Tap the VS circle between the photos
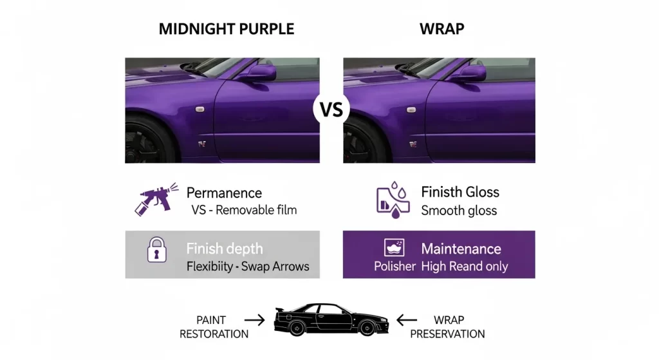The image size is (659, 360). click(331, 109)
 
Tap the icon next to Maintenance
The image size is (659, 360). click(393, 247)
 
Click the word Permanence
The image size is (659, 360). click(224, 193)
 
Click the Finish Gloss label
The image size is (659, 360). click(459, 192)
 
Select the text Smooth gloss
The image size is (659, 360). click(459, 210)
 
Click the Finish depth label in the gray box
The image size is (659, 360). click(224, 249)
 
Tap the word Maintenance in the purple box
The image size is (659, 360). click(461, 249)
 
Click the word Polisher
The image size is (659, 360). click(394, 266)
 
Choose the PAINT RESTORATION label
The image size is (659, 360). click(214, 327)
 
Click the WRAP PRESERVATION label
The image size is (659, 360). click(447, 327)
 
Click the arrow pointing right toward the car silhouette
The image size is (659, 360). click(255, 319)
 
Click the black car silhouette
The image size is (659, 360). click(329, 319)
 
